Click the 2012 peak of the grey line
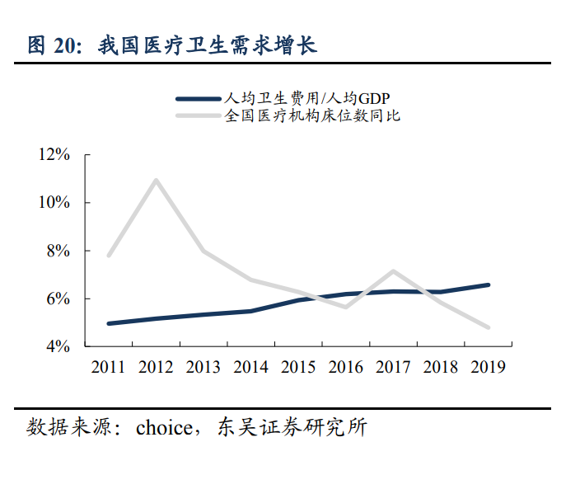156,180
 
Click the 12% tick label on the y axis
54,155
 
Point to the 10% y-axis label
54,203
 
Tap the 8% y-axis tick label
58,251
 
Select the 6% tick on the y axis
58,299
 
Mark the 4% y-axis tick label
58,346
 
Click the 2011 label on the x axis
109,367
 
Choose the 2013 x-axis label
203,367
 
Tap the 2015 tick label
298,367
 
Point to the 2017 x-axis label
393,367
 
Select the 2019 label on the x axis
488,367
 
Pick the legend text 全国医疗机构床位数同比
312,116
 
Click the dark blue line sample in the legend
199,98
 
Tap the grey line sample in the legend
199,116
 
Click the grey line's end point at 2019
488,327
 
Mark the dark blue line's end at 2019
488,285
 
